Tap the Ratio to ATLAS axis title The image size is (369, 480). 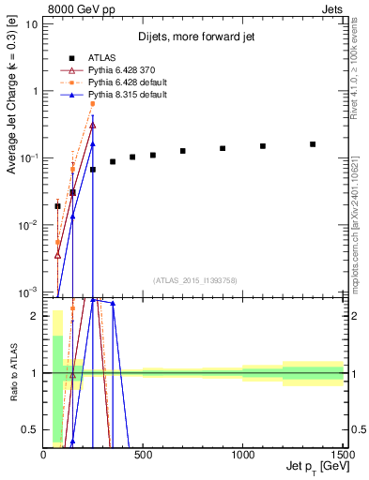coord(12,373)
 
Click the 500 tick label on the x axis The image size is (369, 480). coord(143,454)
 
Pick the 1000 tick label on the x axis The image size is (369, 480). coord(242,454)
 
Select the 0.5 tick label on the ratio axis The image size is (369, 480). coord(31,429)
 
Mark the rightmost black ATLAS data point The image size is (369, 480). coord(313,144)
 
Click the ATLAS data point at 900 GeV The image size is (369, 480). coord(223,148)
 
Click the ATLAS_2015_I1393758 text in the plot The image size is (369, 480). coord(194,279)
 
